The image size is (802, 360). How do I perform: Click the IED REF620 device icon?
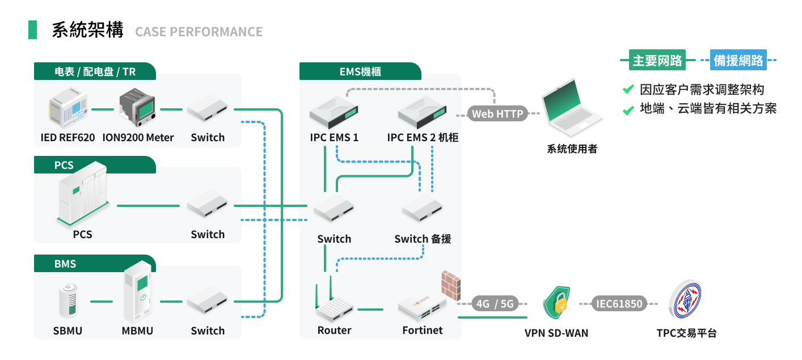coord(67,108)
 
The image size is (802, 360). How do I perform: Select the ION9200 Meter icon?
coord(138,108)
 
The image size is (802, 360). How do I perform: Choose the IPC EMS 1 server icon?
coord(334,111)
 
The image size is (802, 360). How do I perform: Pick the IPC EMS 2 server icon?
coord(423,111)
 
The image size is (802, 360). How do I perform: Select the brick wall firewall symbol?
coord(451,285)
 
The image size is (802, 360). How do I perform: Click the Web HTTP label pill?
coord(497,113)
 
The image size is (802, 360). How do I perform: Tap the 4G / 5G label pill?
coord(495,304)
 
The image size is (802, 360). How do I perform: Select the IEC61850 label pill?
coord(619,304)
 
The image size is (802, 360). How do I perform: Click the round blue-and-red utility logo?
coord(685,300)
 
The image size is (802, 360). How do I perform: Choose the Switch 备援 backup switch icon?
coord(423,210)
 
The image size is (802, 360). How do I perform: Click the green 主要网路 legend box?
coord(657,60)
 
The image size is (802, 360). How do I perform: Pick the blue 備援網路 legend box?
coord(738,60)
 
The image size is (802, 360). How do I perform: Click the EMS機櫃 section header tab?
coord(360,71)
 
